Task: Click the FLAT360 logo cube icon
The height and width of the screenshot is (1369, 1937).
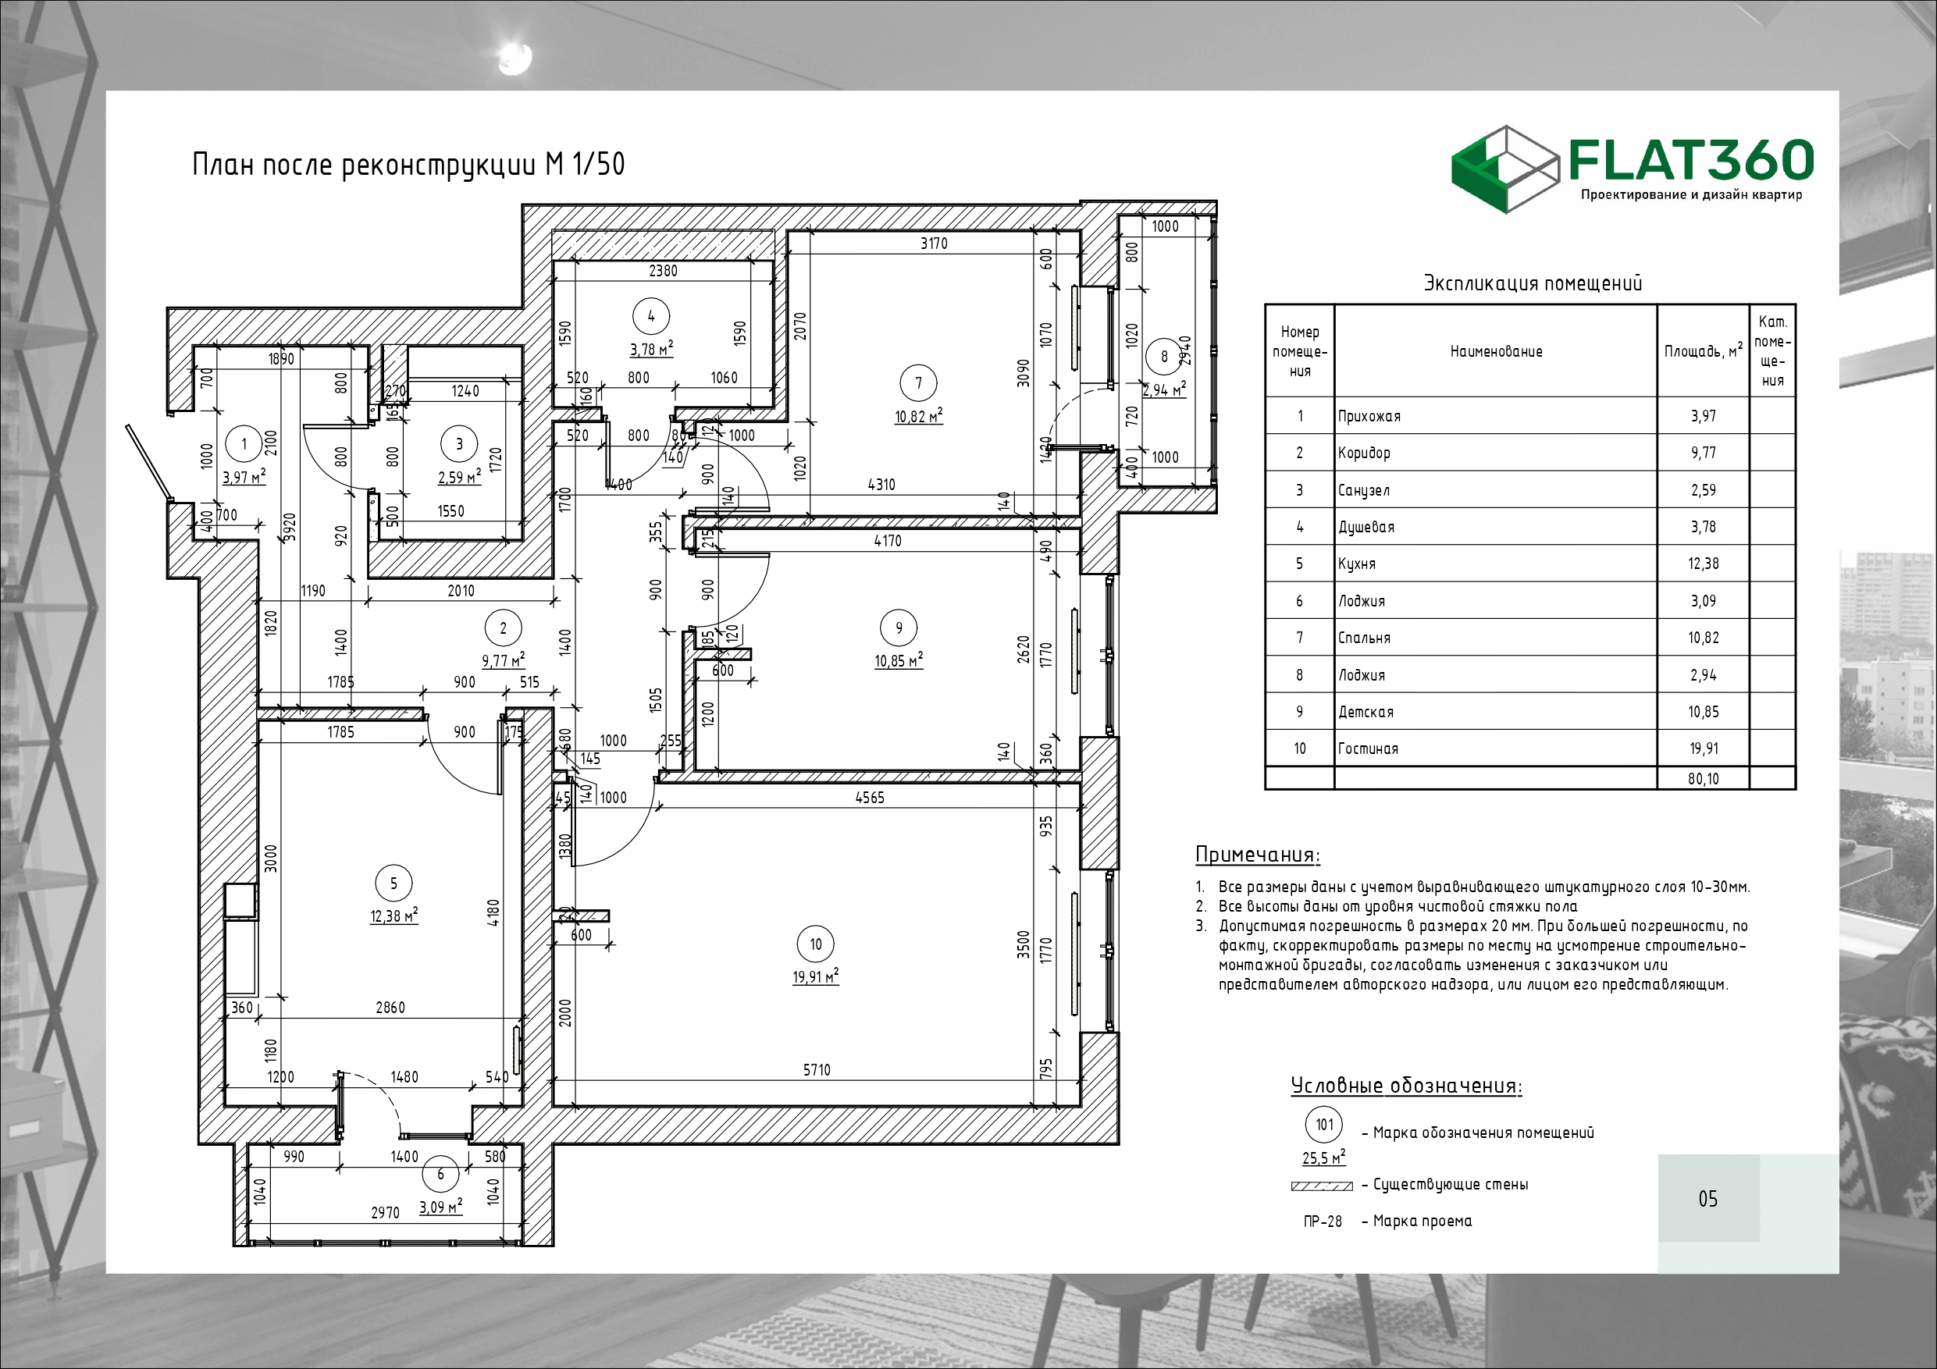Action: pyautogui.click(x=1504, y=169)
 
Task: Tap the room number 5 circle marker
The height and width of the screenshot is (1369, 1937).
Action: pyautogui.click(x=394, y=884)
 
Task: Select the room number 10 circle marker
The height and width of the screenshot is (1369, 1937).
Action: pyautogui.click(x=816, y=944)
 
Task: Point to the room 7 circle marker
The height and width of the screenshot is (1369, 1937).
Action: pyautogui.click(x=919, y=383)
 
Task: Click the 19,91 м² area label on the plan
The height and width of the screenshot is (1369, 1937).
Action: pyautogui.click(x=816, y=976)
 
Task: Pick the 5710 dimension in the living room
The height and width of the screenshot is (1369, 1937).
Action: pyautogui.click(x=817, y=1069)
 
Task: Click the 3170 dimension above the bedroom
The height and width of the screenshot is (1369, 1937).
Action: pyautogui.click(x=934, y=243)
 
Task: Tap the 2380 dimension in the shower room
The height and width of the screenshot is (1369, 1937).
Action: pyautogui.click(x=663, y=271)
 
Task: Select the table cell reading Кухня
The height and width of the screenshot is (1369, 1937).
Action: pyautogui.click(x=1357, y=564)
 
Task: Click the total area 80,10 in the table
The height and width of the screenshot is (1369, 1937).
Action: pyautogui.click(x=1704, y=778)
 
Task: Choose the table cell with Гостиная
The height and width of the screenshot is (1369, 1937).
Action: pyautogui.click(x=1368, y=749)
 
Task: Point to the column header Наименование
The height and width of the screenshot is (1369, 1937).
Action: pyautogui.click(x=1496, y=351)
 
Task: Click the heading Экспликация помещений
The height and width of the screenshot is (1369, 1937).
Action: pyautogui.click(x=1533, y=283)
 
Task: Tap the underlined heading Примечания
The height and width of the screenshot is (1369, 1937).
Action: pyautogui.click(x=1258, y=855)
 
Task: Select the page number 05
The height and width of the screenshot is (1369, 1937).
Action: pyautogui.click(x=1707, y=1199)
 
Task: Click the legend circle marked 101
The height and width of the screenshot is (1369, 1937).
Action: pyautogui.click(x=1325, y=1125)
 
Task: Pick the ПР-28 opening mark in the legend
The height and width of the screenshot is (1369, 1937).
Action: pyautogui.click(x=1322, y=1221)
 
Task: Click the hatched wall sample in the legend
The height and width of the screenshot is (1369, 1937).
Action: pyautogui.click(x=1322, y=1186)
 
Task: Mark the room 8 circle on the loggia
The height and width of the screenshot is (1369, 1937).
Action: pyautogui.click(x=1164, y=356)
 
